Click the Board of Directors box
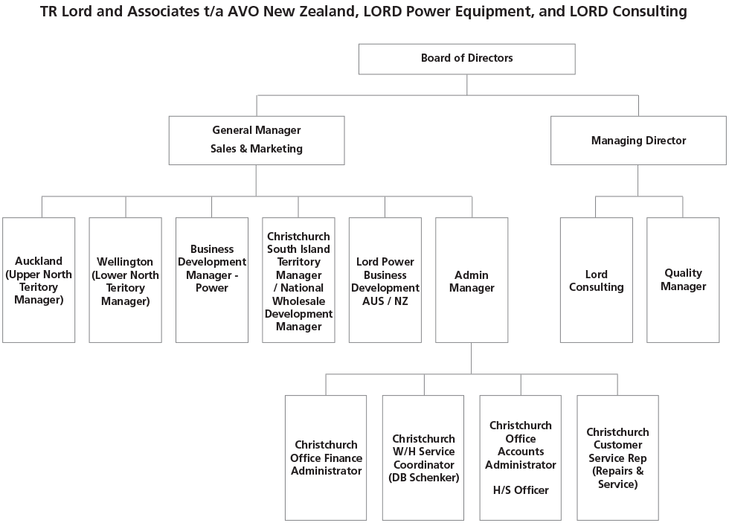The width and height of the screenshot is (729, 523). (x=466, y=59)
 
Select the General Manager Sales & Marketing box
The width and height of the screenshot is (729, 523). (x=257, y=140)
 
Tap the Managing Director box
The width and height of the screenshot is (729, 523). (x=638, y=140)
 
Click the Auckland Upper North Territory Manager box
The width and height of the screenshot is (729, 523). (x=39, y=280)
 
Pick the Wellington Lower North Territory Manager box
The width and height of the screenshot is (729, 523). (x=125, y=280)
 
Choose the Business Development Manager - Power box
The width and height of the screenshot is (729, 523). (x=212, y=280)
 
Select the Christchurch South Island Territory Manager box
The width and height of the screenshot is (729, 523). (x=298, y=280)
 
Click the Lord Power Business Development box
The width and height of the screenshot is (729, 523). (x=385, y=280)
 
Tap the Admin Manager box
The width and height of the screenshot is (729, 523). (x=472, y=280)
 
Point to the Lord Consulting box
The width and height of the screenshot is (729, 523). (x=596, y=280)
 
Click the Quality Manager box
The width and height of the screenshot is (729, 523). (x=683, y=280)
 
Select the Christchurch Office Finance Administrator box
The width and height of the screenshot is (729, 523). (x=326, y=458)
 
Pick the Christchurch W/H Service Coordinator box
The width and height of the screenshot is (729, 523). (x=423, y=458)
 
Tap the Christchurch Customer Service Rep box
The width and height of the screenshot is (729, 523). (x=617, y=458)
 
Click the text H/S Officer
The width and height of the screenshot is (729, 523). (x=521, y=490)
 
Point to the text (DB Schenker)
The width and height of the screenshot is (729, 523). (x=423, y=478)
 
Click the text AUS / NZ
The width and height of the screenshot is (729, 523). (x=385, y=301)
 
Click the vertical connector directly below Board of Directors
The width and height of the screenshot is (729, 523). (x=467, y=84)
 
